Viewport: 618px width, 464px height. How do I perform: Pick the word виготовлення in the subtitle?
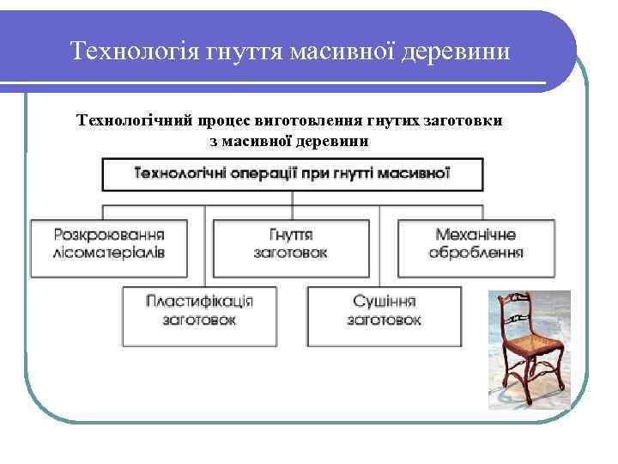click(312, 121)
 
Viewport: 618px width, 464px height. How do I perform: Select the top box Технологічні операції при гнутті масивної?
click(292, 174)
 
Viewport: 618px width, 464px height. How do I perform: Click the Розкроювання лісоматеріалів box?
click(110, 246)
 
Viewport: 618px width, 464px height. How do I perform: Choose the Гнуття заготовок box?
click(291, 246)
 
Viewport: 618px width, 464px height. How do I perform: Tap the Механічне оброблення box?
click(476, 246)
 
